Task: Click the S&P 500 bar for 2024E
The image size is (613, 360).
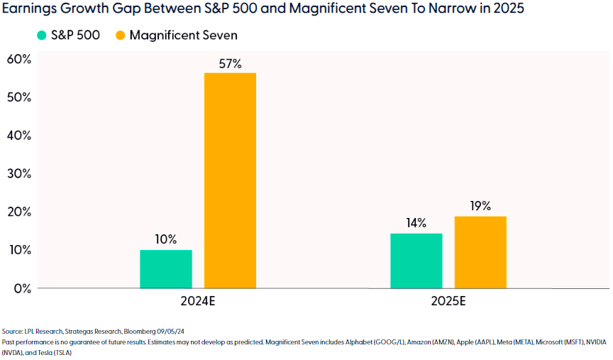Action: [165, 269]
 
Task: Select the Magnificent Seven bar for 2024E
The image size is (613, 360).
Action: [230, 180]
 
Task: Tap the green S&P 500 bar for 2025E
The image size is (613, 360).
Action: [416, 261]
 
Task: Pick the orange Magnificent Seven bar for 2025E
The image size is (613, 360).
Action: [480, 252]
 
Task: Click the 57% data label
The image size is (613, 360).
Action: [230, 64]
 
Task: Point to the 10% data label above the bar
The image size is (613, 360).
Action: [165, 239]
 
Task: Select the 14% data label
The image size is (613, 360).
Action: [416, 223]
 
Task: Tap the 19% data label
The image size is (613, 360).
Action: [480, 207]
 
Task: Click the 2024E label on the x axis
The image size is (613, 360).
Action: [198, 301]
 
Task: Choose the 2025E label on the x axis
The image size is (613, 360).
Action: [448, 301]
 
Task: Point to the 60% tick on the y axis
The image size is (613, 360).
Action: [18, 59]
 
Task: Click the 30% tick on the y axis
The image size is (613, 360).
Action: [18, 173]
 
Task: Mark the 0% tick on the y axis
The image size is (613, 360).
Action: [21, 288]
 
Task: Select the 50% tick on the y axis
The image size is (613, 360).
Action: [18, 97]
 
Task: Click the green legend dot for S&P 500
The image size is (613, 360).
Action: [41, 36]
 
